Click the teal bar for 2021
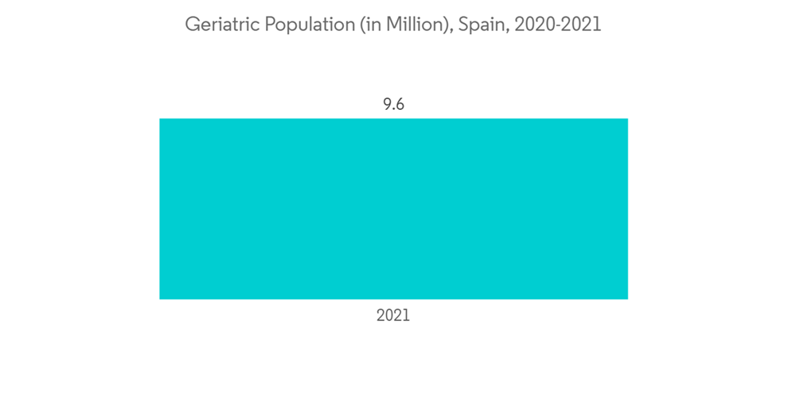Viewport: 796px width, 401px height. [x=393, y=208]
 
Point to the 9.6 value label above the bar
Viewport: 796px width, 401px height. [x=393, y=104]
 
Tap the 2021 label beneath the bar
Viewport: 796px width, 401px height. [x=393, y=316]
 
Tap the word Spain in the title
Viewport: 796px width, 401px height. [x=480, y=25]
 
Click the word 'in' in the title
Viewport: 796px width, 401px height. [x=374, y=25]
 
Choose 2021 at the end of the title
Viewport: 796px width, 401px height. [x=582, y=25]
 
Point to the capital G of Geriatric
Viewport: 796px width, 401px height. [x=192, y=25]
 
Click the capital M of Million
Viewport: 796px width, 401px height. [x=396, y=25]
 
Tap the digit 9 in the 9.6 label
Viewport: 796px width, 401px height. [x=386, y=104]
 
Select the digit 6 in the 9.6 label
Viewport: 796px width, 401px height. [x=400, y=104]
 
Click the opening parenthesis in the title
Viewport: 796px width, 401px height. [x=364, y=25]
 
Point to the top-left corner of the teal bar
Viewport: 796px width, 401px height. [x=160, y=119]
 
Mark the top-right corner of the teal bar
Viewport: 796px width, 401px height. [x=627, y=119]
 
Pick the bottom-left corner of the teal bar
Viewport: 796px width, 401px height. [x=160, y=298]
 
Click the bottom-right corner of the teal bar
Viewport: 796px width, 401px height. [x=627, y=298]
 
